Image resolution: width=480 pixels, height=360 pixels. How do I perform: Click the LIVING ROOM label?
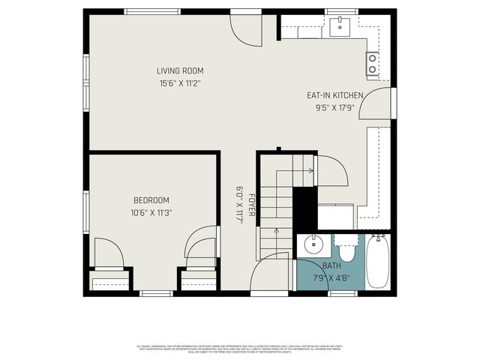pyautogui.click(x=179, y=70)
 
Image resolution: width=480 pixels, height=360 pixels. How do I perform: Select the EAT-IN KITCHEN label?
pyautogui.click(x=335, y=95)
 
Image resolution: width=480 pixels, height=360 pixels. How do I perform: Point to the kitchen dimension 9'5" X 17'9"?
pyautogui.click(x=335, y=107)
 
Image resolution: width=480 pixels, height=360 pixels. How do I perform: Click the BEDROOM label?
pyautogui.click(x=151, y=200)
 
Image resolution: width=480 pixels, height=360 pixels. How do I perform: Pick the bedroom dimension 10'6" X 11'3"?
pyautogui.click(x=151, y=212)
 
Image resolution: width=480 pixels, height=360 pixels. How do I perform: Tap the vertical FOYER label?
pyautogui.click(x=253, y=205)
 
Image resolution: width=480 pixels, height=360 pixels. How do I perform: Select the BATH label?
pyautogui.click(x=331, y=265)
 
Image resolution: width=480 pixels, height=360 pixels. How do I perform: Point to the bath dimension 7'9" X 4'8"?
pyautogui.click(x=331, y=277)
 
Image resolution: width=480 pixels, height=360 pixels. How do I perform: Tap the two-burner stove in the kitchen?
pyautogui.click(x=373, y=64)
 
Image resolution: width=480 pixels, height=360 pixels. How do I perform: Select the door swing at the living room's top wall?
pyautogui.click(x=244, y=28)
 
